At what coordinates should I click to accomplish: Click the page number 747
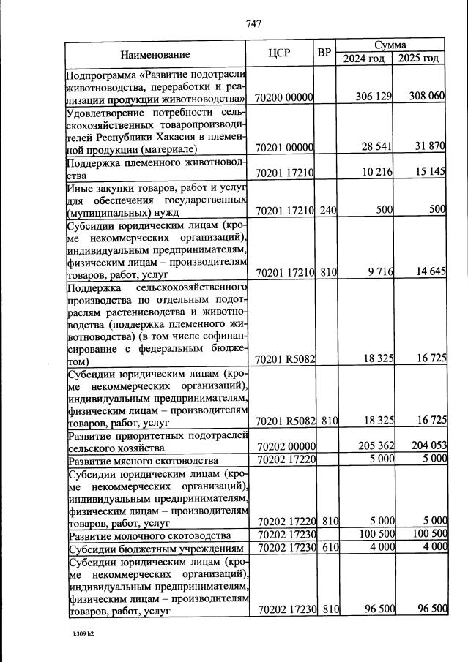coord(254,23)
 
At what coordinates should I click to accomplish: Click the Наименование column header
coord(155,54)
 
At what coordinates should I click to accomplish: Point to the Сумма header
coord(390,45)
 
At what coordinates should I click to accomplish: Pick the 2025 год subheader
coord(418,59)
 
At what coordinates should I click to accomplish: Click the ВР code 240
coord(327,211)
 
